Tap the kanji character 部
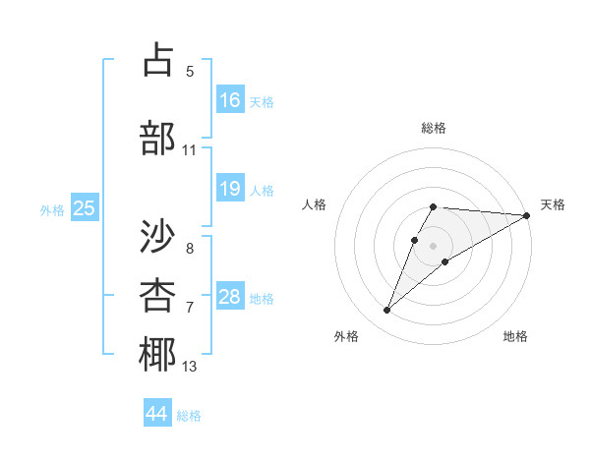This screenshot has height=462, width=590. pyautogui.click(x=158, y=138)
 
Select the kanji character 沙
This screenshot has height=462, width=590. pyautogui.click(x=158, y=236)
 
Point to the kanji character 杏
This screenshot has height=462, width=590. pyautogui.click(x=158, y=295)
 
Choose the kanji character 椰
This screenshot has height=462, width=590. pyautogui.click(x=158, y=355)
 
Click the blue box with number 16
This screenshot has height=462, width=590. pyautogui.click(x=230, y=100)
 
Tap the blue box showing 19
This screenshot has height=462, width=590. pyautogui.click(x=230, y=189)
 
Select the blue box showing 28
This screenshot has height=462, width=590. pyautogui.click(x=230, y=297)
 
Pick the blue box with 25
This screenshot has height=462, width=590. pyautogui.click(x=85, y=208)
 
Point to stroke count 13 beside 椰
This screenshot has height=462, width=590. pyautogui.click(x=190, y=368)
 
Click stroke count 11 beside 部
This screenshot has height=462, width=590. pyautogui.click(x=190, y=150)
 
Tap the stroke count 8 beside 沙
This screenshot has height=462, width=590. pyautogui.click(x=190, y=249)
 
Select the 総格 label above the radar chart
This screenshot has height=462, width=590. pyautogui.click(x=434, y=128)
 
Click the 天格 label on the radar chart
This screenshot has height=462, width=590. pyautogui.click(x=553, y=204)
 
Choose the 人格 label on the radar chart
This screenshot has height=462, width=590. pyautogui.click(x=315, y=204)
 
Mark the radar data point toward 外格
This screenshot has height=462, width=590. pyautogui.click(x=387, y=311)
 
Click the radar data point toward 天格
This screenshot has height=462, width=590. pyautogui.click(x=527, y=215)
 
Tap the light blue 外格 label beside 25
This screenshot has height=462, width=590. pyautogui.click(x=52, y=209)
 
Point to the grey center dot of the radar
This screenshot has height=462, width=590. pyautogui.click(x=433, y=244)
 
